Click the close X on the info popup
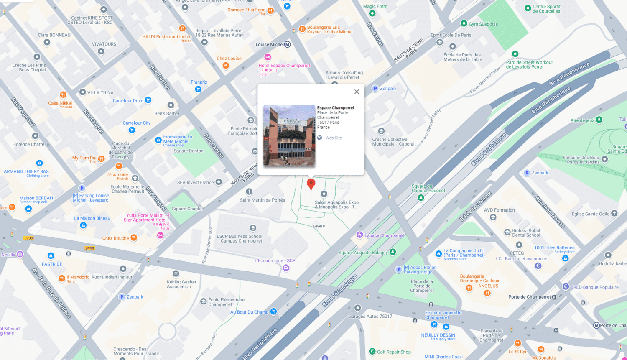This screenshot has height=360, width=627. click(x=357, y=92)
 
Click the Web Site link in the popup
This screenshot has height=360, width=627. click(x=333, y=138)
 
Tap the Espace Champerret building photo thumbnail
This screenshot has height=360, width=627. click(x=289, y=135)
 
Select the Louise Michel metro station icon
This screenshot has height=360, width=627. click(x=288, y=44)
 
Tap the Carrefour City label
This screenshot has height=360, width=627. click(x=137, y=123)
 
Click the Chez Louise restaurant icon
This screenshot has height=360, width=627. click(x=226, y=66)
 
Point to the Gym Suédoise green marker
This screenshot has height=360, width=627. click(x=464, y=23)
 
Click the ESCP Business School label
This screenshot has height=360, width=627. click(x=240, y=238)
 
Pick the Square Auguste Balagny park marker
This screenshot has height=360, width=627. click(x=393, y=252)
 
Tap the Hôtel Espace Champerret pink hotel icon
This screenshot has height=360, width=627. click(x=268, y=57)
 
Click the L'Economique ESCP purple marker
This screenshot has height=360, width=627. click(x=286, y=268)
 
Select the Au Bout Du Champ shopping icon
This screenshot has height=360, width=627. click(x=273, y=311)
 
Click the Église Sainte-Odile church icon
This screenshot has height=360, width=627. click(x=614, y=213)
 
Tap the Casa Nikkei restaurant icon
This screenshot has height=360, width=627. click(x=63, y=95)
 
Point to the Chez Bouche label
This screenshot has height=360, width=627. click(x=116, y=238)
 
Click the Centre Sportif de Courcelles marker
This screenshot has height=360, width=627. click(x=528, y=8)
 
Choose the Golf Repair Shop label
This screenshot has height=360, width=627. click(x=394, y=352)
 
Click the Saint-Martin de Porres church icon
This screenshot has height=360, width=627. click(x=249, y=192)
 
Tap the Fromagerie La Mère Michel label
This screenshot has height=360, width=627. click(x=178, y=139)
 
